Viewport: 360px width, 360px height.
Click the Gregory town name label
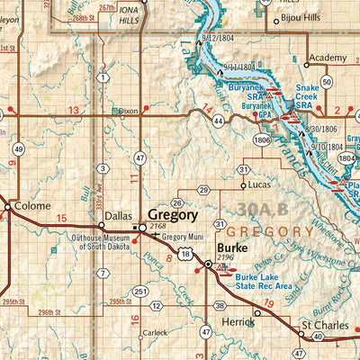pos(173,216)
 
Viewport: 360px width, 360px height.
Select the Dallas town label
pos(118,216)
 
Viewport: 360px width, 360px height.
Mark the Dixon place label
pos(129,111)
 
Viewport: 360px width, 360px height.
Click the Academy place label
pos(325,58)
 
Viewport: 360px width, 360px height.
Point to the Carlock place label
pos(155,332)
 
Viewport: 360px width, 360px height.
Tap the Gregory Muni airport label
pos(185,236)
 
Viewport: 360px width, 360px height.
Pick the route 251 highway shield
pos(140,292)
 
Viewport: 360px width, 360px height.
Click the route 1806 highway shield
pos(262,140)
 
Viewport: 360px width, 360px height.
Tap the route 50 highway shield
pos(327,82)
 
